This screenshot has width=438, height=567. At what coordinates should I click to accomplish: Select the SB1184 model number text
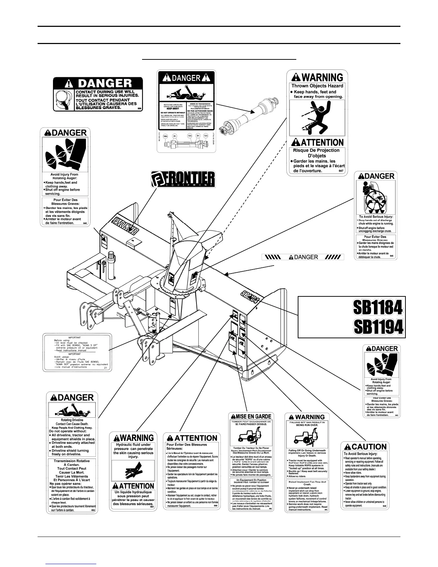378,307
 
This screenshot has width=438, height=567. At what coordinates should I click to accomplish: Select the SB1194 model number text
378,326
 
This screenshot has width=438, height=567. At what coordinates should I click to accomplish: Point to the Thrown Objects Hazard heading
317,86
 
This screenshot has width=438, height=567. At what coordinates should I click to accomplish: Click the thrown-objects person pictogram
317,116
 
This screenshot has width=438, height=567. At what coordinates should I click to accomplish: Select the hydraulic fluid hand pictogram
133,472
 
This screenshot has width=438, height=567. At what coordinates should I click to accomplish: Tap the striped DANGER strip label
303,257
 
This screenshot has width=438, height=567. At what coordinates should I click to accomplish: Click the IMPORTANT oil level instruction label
76,352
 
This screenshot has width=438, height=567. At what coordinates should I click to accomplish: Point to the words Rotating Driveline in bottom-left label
72,420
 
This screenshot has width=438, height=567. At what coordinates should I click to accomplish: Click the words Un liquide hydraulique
133,492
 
